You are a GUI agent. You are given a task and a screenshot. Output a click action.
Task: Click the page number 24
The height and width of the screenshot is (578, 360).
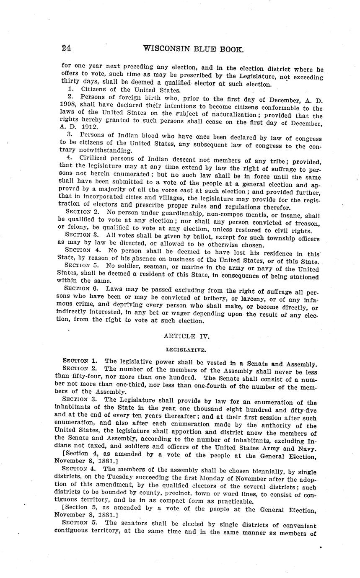point(66,48)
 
